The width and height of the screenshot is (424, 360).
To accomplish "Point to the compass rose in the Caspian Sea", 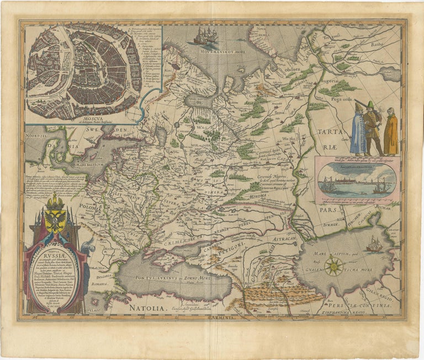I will point(333,267).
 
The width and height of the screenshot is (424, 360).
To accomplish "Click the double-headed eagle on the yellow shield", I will point(55,219).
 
